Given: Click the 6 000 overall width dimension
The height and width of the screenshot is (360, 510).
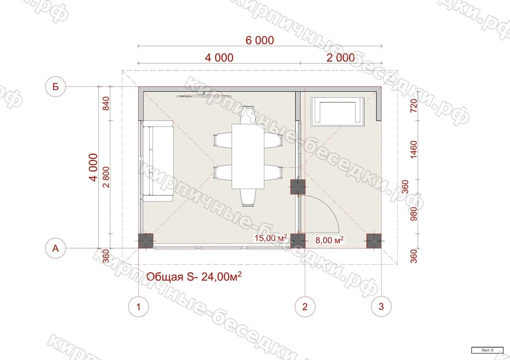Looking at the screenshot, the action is click(x=260, y=40).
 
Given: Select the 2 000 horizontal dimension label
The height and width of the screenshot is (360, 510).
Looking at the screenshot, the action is click(x=341, y=58).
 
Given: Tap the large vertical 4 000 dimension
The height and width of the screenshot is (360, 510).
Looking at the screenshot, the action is click(x=93, y=167).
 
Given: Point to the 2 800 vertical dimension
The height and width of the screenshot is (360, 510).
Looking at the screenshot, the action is click(x=106, y=177).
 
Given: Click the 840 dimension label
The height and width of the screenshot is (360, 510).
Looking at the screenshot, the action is click(x=106, y=103).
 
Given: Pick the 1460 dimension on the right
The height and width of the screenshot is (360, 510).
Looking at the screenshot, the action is click(x=414, y=150).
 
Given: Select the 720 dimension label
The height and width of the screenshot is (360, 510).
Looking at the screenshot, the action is click(x=414, y=106).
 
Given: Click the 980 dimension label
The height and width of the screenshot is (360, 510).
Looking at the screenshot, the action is click(x=414, y=214).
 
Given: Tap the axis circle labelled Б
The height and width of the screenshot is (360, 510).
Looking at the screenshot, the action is click(x=56, y=87).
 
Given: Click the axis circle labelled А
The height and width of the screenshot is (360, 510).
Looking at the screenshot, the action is click(x=56, y=248).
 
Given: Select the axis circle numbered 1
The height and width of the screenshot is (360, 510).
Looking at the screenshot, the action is click(x=139, y=306).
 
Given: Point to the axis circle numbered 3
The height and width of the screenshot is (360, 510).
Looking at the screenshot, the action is click(x=381, y=306).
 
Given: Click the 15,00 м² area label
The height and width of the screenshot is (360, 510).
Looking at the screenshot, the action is click(x=271, y=238).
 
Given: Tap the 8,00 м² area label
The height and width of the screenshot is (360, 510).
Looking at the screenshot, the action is click(x=329, y=240).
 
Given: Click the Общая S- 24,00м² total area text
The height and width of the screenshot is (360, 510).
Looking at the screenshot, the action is click(x=194, y=277).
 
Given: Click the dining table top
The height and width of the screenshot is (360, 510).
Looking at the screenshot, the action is click(x=248, y=156).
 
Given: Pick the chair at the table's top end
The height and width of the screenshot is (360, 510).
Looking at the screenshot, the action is click(x=248, y=115).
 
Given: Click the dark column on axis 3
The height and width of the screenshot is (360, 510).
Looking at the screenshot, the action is click(x=374, y=241).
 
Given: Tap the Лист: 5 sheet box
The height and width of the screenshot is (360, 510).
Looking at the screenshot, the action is click(x=487, y=350).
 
